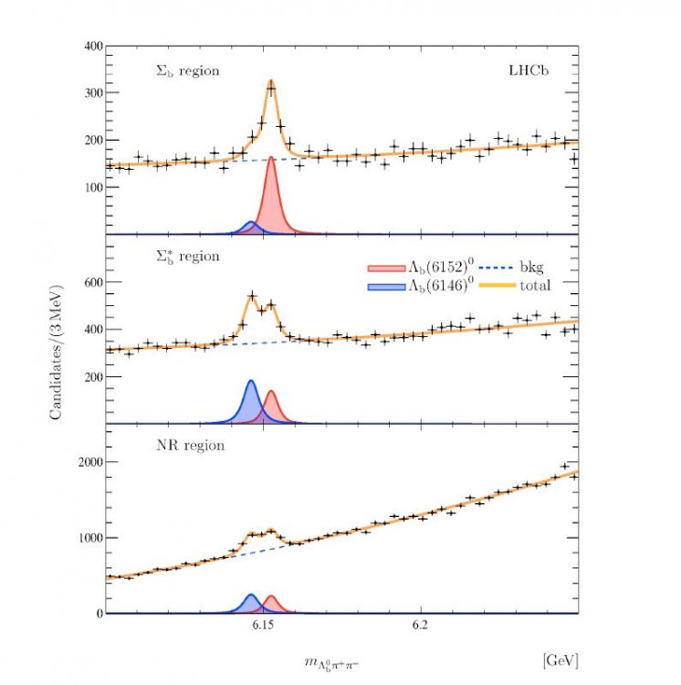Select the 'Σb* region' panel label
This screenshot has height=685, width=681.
click(x=186, y=256)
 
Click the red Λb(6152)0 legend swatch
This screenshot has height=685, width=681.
click(x=380, y=269)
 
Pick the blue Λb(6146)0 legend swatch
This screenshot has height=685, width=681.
click(x=380, y=286)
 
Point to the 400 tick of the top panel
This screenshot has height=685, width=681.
click(x=90, y=46)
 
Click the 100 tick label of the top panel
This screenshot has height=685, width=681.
click(x=90, y=187)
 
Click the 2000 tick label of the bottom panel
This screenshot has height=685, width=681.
click(x=87, y=462)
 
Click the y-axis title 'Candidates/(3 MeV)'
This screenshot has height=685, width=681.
click(x=57, y=343)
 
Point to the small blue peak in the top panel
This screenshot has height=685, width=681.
click(x=249, y=227)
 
